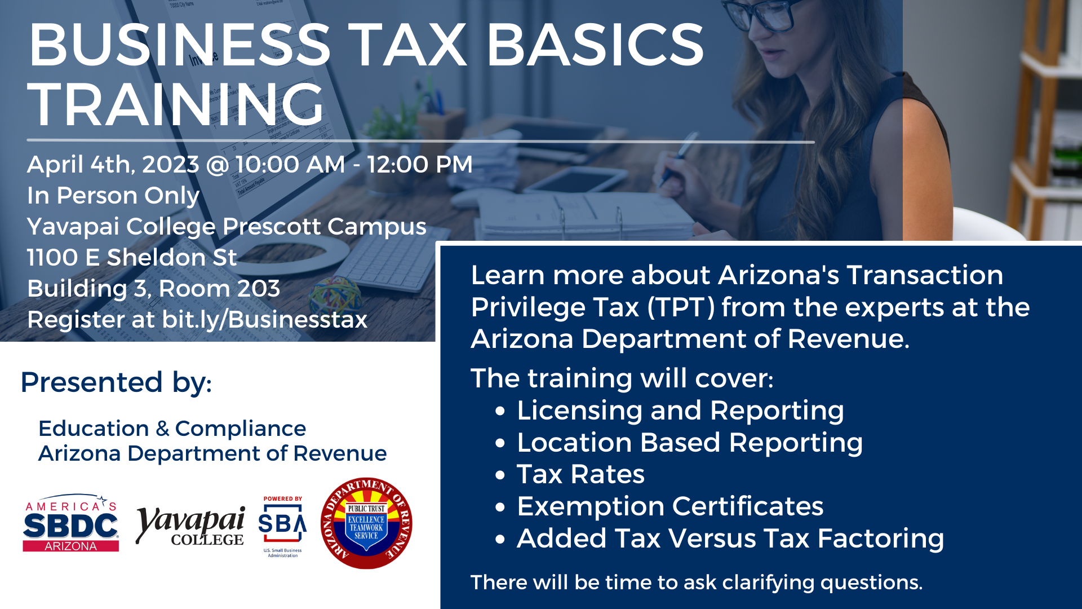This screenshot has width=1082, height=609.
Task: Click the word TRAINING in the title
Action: click(x=175, y=104)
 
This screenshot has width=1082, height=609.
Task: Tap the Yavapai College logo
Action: click(x=190, y=526)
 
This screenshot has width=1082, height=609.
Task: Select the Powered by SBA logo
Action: click(x=282, y=527)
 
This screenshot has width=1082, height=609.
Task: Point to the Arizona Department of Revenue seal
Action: click(x=366, y=523)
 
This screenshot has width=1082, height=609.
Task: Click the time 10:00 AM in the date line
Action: click(x=290, y=165)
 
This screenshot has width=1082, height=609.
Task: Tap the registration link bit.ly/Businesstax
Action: click(x=265, y=320)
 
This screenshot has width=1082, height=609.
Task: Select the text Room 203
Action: click(x=219, y=289)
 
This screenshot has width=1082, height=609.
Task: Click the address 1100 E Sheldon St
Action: click(x=132, y=258)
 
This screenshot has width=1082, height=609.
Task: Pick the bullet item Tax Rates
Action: click(x=580, y=474)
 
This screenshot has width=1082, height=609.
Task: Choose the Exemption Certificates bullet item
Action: click(x=670, y=506)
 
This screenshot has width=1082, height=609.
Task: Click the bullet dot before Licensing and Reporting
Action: click(x=500, y=412)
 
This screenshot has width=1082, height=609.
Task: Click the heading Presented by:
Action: click(x=116, y=382)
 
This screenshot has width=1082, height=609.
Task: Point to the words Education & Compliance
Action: click(x=172, y=429)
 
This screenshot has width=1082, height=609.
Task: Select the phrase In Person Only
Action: click(x=113, y=196)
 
